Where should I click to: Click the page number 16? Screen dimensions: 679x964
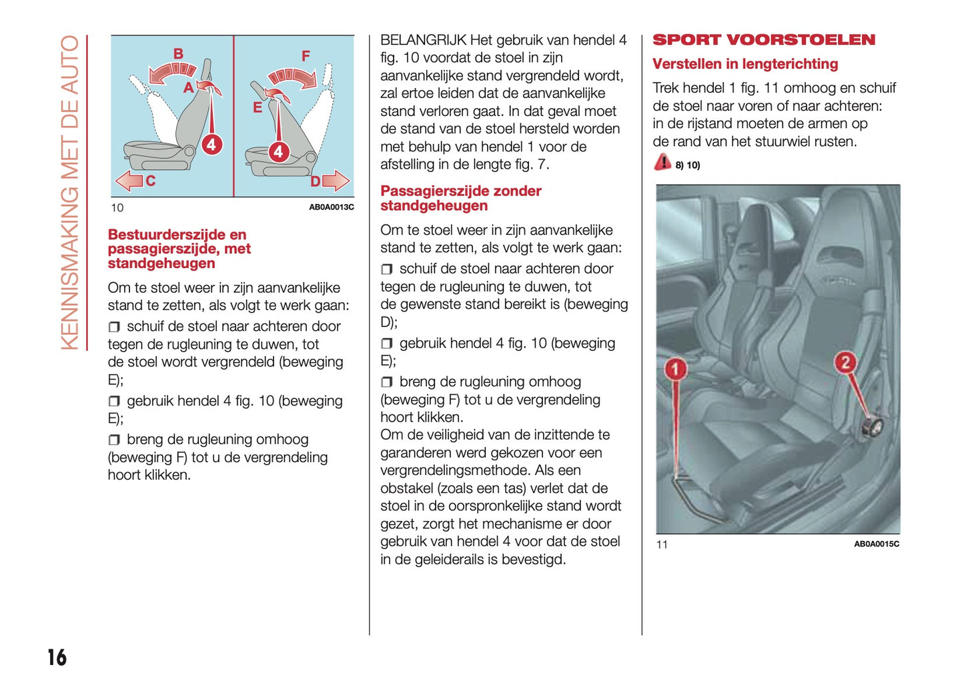[57, 657]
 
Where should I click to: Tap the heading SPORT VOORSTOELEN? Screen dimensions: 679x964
[763, 40]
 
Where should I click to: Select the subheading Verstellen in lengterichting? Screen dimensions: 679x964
[745, 64]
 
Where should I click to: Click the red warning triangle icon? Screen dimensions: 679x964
[662, 162]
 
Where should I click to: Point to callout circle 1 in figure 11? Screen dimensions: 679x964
[675, 368]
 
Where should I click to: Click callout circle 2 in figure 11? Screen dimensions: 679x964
[845, 362]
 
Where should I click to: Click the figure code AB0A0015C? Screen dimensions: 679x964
[876, 544]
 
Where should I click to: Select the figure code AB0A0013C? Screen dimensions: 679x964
[331, 207]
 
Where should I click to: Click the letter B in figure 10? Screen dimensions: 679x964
[178, 54]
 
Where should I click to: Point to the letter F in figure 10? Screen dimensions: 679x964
[306, 56]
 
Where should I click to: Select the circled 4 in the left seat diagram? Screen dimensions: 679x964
[211, 144]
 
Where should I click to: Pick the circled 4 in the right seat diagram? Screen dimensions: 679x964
[278, 152]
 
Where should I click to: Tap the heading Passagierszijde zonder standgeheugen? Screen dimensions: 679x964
[460, 198]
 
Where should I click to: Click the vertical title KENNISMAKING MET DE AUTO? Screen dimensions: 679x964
[70, 192]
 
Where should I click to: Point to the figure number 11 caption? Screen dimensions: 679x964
[662, 545]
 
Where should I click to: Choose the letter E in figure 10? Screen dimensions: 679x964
[258, 107]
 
